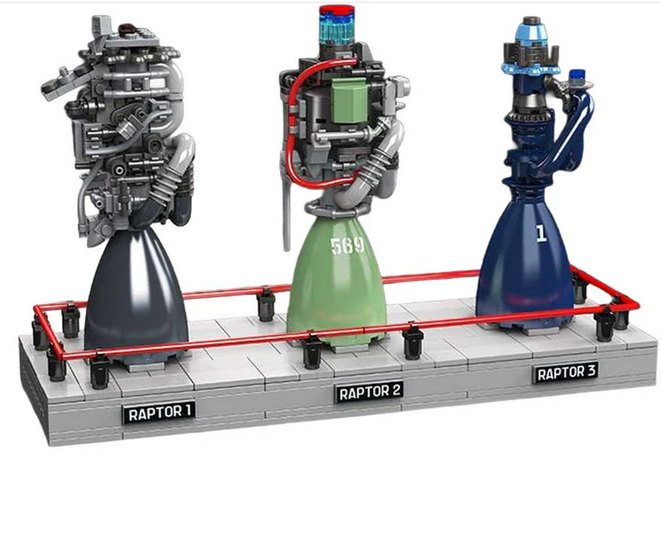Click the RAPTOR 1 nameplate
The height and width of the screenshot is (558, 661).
(x=159, y=412)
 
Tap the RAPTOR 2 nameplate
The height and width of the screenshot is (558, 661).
(x=369, y=392)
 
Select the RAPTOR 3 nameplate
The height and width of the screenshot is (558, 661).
(x=566, y=372)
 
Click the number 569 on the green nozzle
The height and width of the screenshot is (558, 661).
(x=347, y=246)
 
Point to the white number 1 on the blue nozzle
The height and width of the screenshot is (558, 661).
(x=541, y=233)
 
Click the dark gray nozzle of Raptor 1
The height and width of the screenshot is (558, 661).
(x=136, y=294)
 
